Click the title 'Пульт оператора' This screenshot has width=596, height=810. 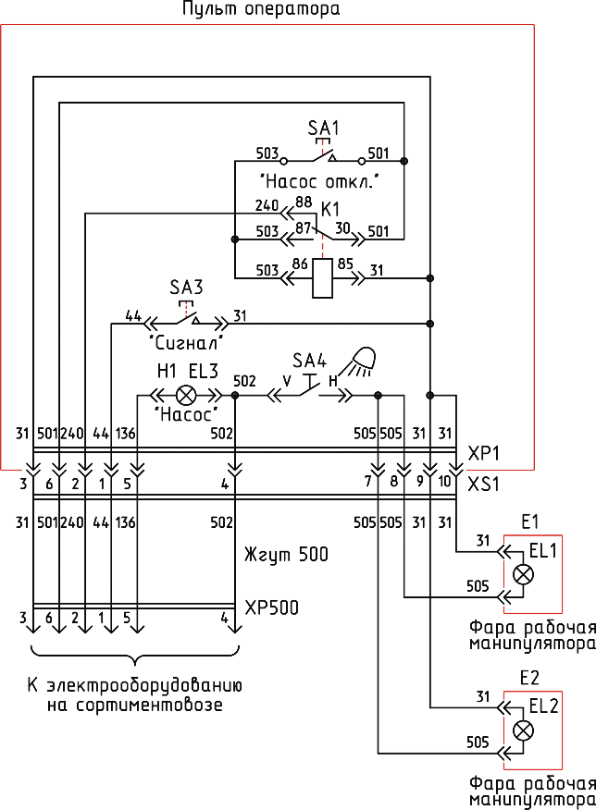pos(261,9)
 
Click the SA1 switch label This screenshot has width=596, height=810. pos(324,128)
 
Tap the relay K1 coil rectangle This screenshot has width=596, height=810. pos(323,278)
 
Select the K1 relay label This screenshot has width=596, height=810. pos(330,210)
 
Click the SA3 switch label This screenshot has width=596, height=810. pos(186,288)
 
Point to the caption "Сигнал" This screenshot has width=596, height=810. pos(186,342)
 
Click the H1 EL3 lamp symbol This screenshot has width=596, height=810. pos(186,397)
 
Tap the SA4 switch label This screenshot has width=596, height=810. pos(310,361)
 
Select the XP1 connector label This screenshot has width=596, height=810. pos(483,454)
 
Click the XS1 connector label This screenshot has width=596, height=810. pos(483,485)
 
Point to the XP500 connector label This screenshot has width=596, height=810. pos(271,607)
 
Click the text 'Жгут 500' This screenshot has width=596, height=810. pos(286,555)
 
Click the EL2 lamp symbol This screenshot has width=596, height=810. pos(524,730)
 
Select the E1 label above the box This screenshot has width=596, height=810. pos(529,522)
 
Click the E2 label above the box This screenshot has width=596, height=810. pos(529,678)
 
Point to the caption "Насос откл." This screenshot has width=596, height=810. pos(319,182)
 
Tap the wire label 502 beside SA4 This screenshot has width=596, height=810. pos(244,381)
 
